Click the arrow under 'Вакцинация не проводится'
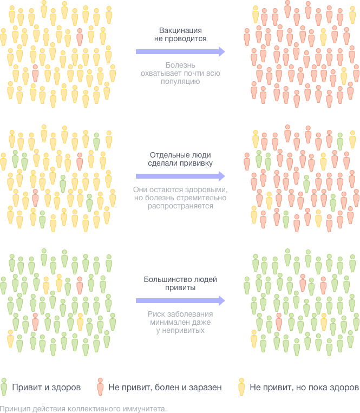pyautogui.click(x=180, y=51)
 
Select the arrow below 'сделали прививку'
pyautogui.click(x=180, y=176)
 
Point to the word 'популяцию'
pyautogui.click(x=180, y=82)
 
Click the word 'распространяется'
pyautogui.click(x=180, y=206)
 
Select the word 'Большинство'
pyautogui.click(x=165, y=280)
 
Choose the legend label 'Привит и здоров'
pyautogui.click(x=47, y=388)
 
